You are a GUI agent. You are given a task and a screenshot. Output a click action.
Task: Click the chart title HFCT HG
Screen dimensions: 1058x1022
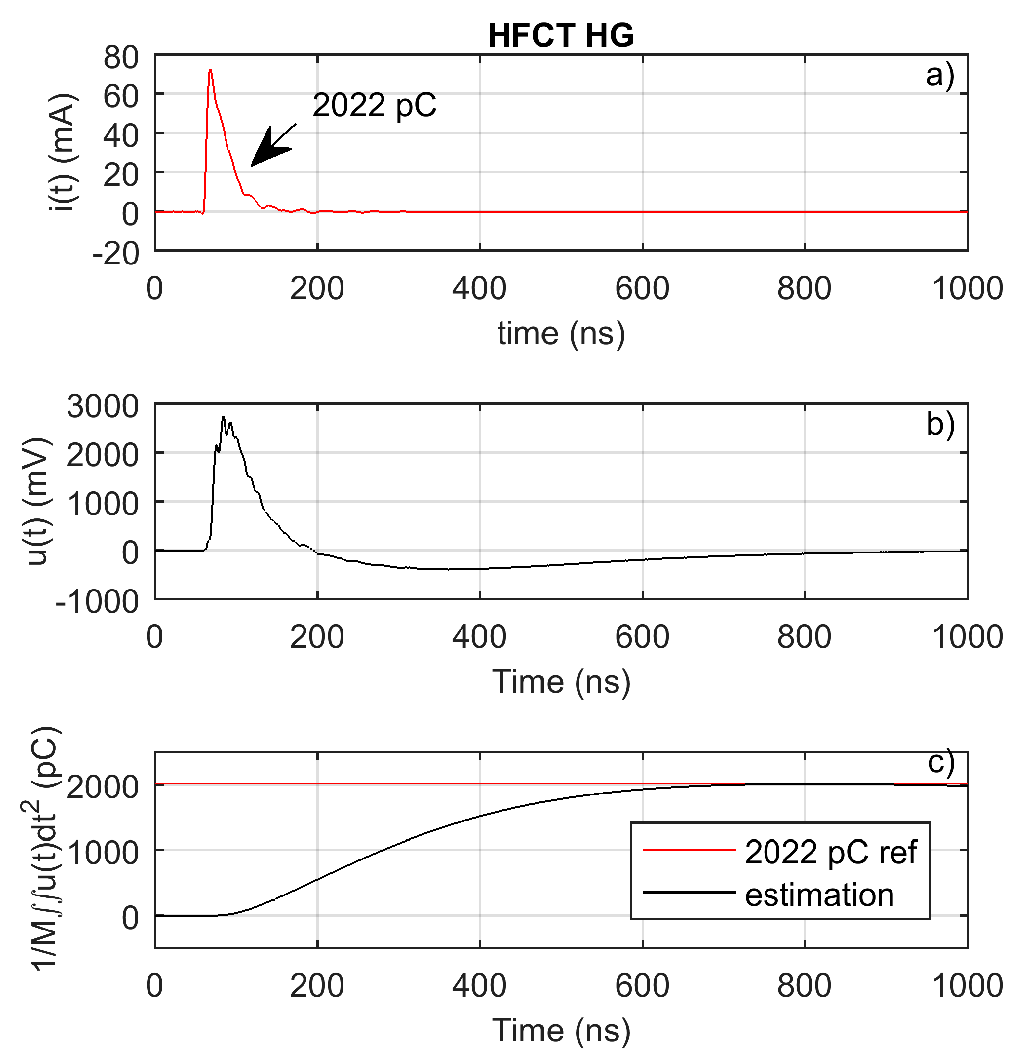tap(560, 36)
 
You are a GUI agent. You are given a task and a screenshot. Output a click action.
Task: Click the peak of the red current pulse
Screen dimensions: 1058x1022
tap(210, 70)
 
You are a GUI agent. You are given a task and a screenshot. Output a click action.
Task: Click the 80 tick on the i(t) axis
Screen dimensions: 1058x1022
tap(121, 57)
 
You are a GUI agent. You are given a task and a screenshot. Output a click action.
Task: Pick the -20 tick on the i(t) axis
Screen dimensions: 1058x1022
tap(116, 252)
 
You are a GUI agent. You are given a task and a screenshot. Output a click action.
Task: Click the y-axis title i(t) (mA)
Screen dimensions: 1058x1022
tap(64, 152)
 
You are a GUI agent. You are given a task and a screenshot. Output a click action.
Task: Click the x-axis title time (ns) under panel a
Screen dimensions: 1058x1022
tap(560, 333)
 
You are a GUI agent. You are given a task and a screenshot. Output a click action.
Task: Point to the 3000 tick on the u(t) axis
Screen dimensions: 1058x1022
tap(103, 406)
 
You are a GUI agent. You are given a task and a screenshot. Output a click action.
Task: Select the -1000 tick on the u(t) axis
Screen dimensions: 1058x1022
tap(97, 601)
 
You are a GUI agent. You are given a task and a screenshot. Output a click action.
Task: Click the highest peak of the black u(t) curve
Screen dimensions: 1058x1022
tap(223, 417)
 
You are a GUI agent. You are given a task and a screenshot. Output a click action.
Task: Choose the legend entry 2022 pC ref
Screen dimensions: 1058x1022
tap(830, 852)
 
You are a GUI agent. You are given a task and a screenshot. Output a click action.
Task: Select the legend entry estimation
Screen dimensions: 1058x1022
tap(819, 895)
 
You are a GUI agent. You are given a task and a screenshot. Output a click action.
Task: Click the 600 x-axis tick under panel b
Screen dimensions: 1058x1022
tap(642, 637)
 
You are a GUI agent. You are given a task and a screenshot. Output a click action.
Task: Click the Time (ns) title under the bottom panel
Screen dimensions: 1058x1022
tap(560, 1030)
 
